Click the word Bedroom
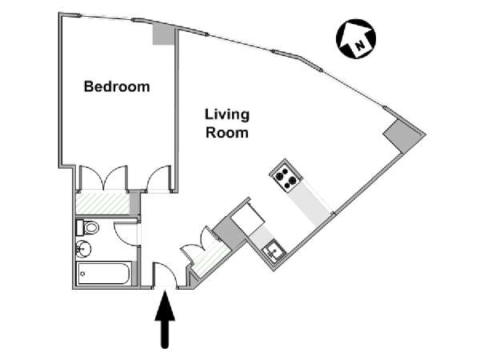117,86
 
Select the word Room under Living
227,133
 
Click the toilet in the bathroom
89,229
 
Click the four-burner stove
284,176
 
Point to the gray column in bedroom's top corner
162,34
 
